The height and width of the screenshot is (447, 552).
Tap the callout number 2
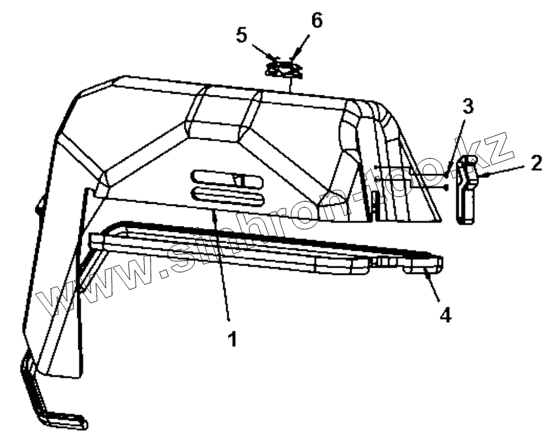(x=536, y=164)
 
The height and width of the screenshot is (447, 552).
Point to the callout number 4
(x=444, y=315)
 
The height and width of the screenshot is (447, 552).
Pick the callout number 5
(x=242, y=35)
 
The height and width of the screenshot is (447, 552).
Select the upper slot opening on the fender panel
(x=225, y=179)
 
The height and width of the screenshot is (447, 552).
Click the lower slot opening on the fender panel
(x=225, y=196)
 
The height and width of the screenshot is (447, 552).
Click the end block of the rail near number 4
(x=427, y=265)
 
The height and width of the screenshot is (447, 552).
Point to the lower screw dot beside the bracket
(x=444, y=188)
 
